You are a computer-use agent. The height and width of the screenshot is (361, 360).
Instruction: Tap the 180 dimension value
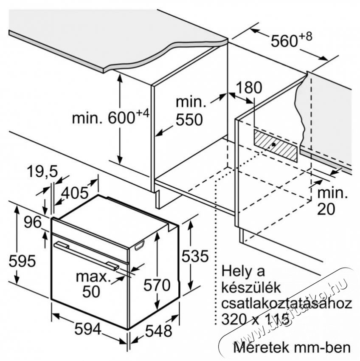249,87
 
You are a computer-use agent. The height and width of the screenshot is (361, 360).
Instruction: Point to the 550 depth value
189,119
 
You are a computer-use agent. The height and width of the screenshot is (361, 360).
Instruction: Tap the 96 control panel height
33,222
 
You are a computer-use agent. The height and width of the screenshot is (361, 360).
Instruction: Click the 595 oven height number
22,261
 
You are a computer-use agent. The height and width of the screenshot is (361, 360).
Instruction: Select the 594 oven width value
88,329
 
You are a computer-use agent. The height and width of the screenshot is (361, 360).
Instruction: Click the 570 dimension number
157,285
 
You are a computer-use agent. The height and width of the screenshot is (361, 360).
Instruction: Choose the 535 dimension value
195,256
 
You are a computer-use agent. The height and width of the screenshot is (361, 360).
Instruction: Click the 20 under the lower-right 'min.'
326,209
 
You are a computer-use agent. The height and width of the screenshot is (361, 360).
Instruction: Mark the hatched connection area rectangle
275,145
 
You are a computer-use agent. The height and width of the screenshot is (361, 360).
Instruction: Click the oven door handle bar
86,255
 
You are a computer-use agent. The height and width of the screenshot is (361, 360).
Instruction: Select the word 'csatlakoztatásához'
287,304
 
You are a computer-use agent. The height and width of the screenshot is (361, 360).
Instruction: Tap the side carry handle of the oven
140,245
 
